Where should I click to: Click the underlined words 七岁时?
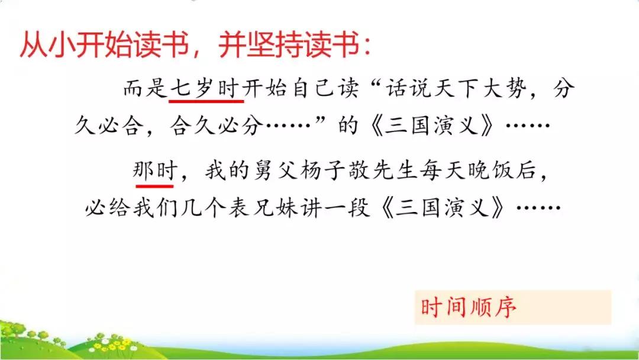click(x=203, y=89)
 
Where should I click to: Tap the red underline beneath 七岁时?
click(x=203, y=101)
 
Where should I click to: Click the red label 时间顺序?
click(x=469, y=308)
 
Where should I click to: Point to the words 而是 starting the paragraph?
click(x=140, y=89)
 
